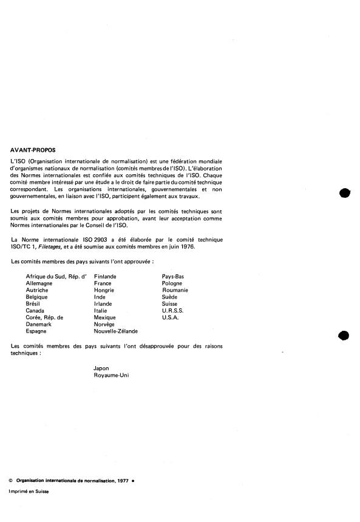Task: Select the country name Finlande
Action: click(x=105, y=276)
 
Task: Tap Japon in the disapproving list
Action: click(x=101, y=368)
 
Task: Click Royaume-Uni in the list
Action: click(x=111, y=375)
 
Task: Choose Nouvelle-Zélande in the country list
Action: click(x=115, y=331)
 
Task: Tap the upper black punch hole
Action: click(x=345, y=194)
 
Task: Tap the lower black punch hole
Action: click(x=345, y=335)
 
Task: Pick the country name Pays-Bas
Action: click(x=173, y=276)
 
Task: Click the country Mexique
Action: click(x=105, y=317)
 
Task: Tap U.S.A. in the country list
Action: click(x=170, y=317)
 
